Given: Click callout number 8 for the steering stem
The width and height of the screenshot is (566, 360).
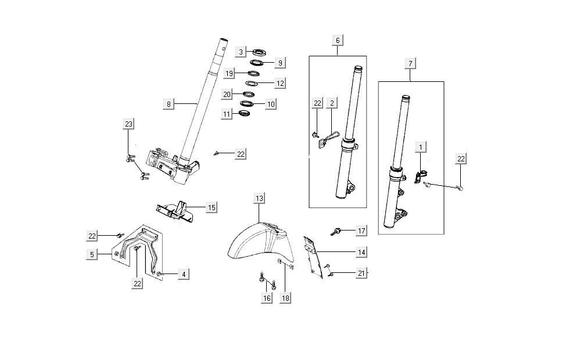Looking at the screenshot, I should coord(169,104).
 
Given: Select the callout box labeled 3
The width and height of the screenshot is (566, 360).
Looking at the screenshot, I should coord(241,52).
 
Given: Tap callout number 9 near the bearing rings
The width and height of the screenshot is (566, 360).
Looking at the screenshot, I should coord(280,62).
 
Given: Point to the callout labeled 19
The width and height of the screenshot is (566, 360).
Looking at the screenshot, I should coord(230,74).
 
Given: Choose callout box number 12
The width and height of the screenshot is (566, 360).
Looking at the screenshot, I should coord(280,84).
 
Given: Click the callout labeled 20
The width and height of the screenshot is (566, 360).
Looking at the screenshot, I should coord(227,94).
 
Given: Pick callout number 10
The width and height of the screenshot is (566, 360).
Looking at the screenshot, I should coord(271,104).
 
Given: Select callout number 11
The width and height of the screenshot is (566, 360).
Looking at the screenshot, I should coord(227,114).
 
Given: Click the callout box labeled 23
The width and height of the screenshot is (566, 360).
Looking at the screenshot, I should coord(129,124).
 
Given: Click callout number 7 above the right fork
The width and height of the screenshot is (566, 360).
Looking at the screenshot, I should coord(410,62).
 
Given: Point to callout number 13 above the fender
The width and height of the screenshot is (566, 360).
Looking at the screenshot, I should coord(259,199).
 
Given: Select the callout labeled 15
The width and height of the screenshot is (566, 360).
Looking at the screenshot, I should coord(212,207).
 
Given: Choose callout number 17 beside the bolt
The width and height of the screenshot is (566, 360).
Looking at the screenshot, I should coord(361,231).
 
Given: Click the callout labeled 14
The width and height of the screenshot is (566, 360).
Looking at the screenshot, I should coord(361,253).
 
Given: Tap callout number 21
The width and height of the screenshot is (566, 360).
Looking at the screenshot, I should coord(361,273).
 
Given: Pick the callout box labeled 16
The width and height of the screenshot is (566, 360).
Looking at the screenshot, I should coord(267,298).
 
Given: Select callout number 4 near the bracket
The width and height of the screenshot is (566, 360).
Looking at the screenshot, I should coord(183,273).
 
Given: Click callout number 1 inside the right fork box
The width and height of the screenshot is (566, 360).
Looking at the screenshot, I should coord(420,147).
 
